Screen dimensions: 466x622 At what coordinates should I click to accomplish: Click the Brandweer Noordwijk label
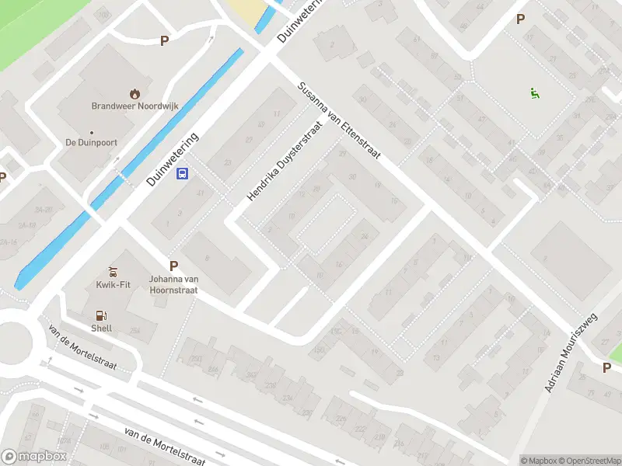pyautogui.click(x=124, y=106)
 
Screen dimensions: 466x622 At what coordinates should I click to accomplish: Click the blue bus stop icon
pyautogui.click(x=183, y=173)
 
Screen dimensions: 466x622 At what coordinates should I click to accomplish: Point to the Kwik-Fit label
pyautogui.click(x=113, y=284)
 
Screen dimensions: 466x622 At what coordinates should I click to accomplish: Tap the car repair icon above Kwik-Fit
pyautogui.click(x=113, y=271)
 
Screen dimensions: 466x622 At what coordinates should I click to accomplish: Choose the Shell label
pyautogui.click(x=101, y=328)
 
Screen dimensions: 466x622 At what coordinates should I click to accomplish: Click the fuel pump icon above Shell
pyautogui.click(x=100, y=315)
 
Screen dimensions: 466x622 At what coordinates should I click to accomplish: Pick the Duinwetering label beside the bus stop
pyautogui.click(x=173, y=158)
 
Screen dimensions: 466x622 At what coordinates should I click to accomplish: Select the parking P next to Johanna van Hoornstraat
pyautogui.click(x=173, y=266)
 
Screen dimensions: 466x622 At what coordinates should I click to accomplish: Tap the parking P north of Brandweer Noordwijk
pyautogui.click(x=164, y=40)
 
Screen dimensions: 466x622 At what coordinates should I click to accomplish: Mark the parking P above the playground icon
pyautogui.click(x=520, y=19)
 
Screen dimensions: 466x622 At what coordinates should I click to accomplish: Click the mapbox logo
pyautogui.click(x=33, y=457)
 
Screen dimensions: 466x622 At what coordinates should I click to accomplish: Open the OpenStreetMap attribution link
pyautogui.click(x=589, y=461)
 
